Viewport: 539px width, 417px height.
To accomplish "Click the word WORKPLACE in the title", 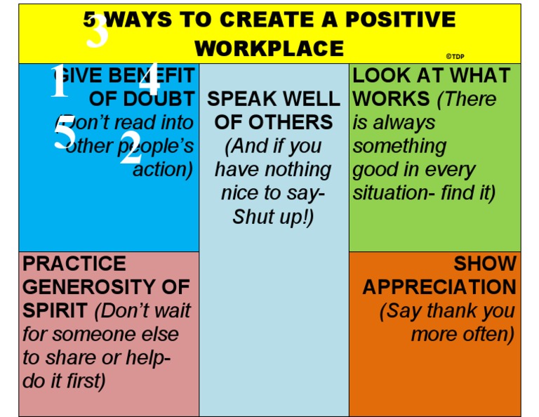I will [269, 48].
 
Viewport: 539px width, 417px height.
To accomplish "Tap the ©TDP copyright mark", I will [455, 56].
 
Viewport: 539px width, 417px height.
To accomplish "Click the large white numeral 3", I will [97, 32].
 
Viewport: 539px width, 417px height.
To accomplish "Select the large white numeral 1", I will [60, 83].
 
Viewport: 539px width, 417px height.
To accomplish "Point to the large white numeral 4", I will [149, 78].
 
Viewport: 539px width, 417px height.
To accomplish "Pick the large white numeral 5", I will [65, 133].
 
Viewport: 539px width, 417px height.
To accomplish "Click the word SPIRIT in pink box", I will [55, 310].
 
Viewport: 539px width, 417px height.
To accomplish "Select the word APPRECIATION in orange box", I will [439, 287].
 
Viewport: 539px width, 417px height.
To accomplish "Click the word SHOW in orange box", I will [484, 264].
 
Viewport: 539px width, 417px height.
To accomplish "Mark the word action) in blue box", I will [162, 170].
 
